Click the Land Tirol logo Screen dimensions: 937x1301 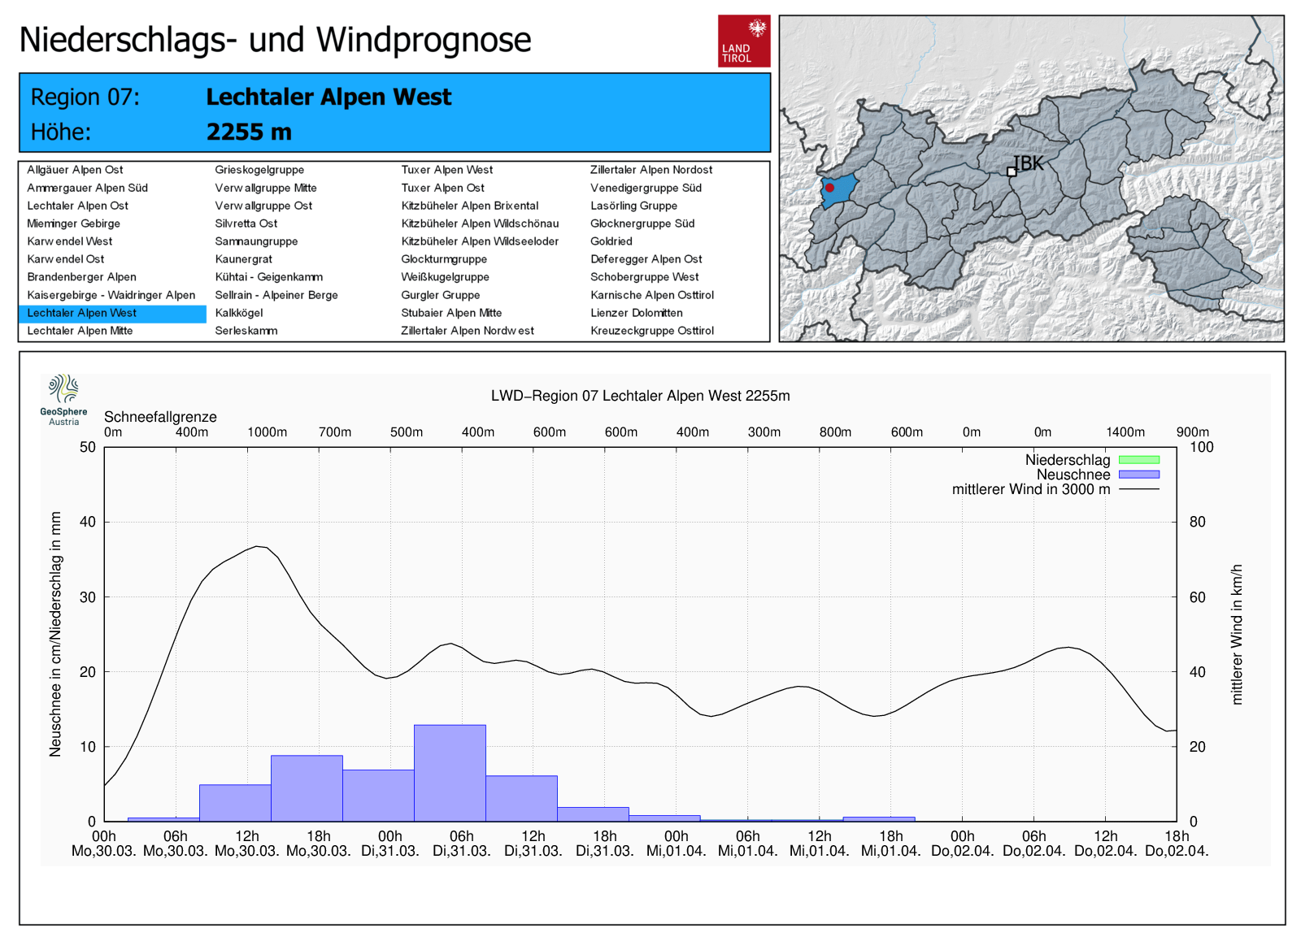tap(743, 41)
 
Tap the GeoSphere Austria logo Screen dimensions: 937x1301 tap(63, 399)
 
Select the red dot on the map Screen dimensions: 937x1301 tap(829, 188)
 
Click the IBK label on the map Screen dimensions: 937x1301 tap(1029, 163)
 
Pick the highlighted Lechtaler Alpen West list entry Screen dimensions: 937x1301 tap(81, 313)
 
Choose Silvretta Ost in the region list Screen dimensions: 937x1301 tap(246, 223)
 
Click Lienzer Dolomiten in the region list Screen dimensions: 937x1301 tap(636, 313)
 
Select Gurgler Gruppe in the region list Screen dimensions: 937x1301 tap(440, 295)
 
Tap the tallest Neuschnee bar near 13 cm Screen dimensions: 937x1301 tap(450, 772)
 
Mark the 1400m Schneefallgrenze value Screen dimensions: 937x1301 tap(1125, 432)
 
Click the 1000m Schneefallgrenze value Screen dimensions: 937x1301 tap(267, 432)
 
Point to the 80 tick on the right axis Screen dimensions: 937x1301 tap(1197, 522)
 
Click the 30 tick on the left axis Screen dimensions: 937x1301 tap(88, 596)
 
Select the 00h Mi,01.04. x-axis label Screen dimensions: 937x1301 tap(676, 844)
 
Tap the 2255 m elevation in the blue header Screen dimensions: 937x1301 tap(249, 132)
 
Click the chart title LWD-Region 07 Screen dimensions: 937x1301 tap(640, 396)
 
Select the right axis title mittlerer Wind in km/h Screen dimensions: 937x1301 tap(1236, 634)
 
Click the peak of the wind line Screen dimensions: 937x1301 tap(257, 546)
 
